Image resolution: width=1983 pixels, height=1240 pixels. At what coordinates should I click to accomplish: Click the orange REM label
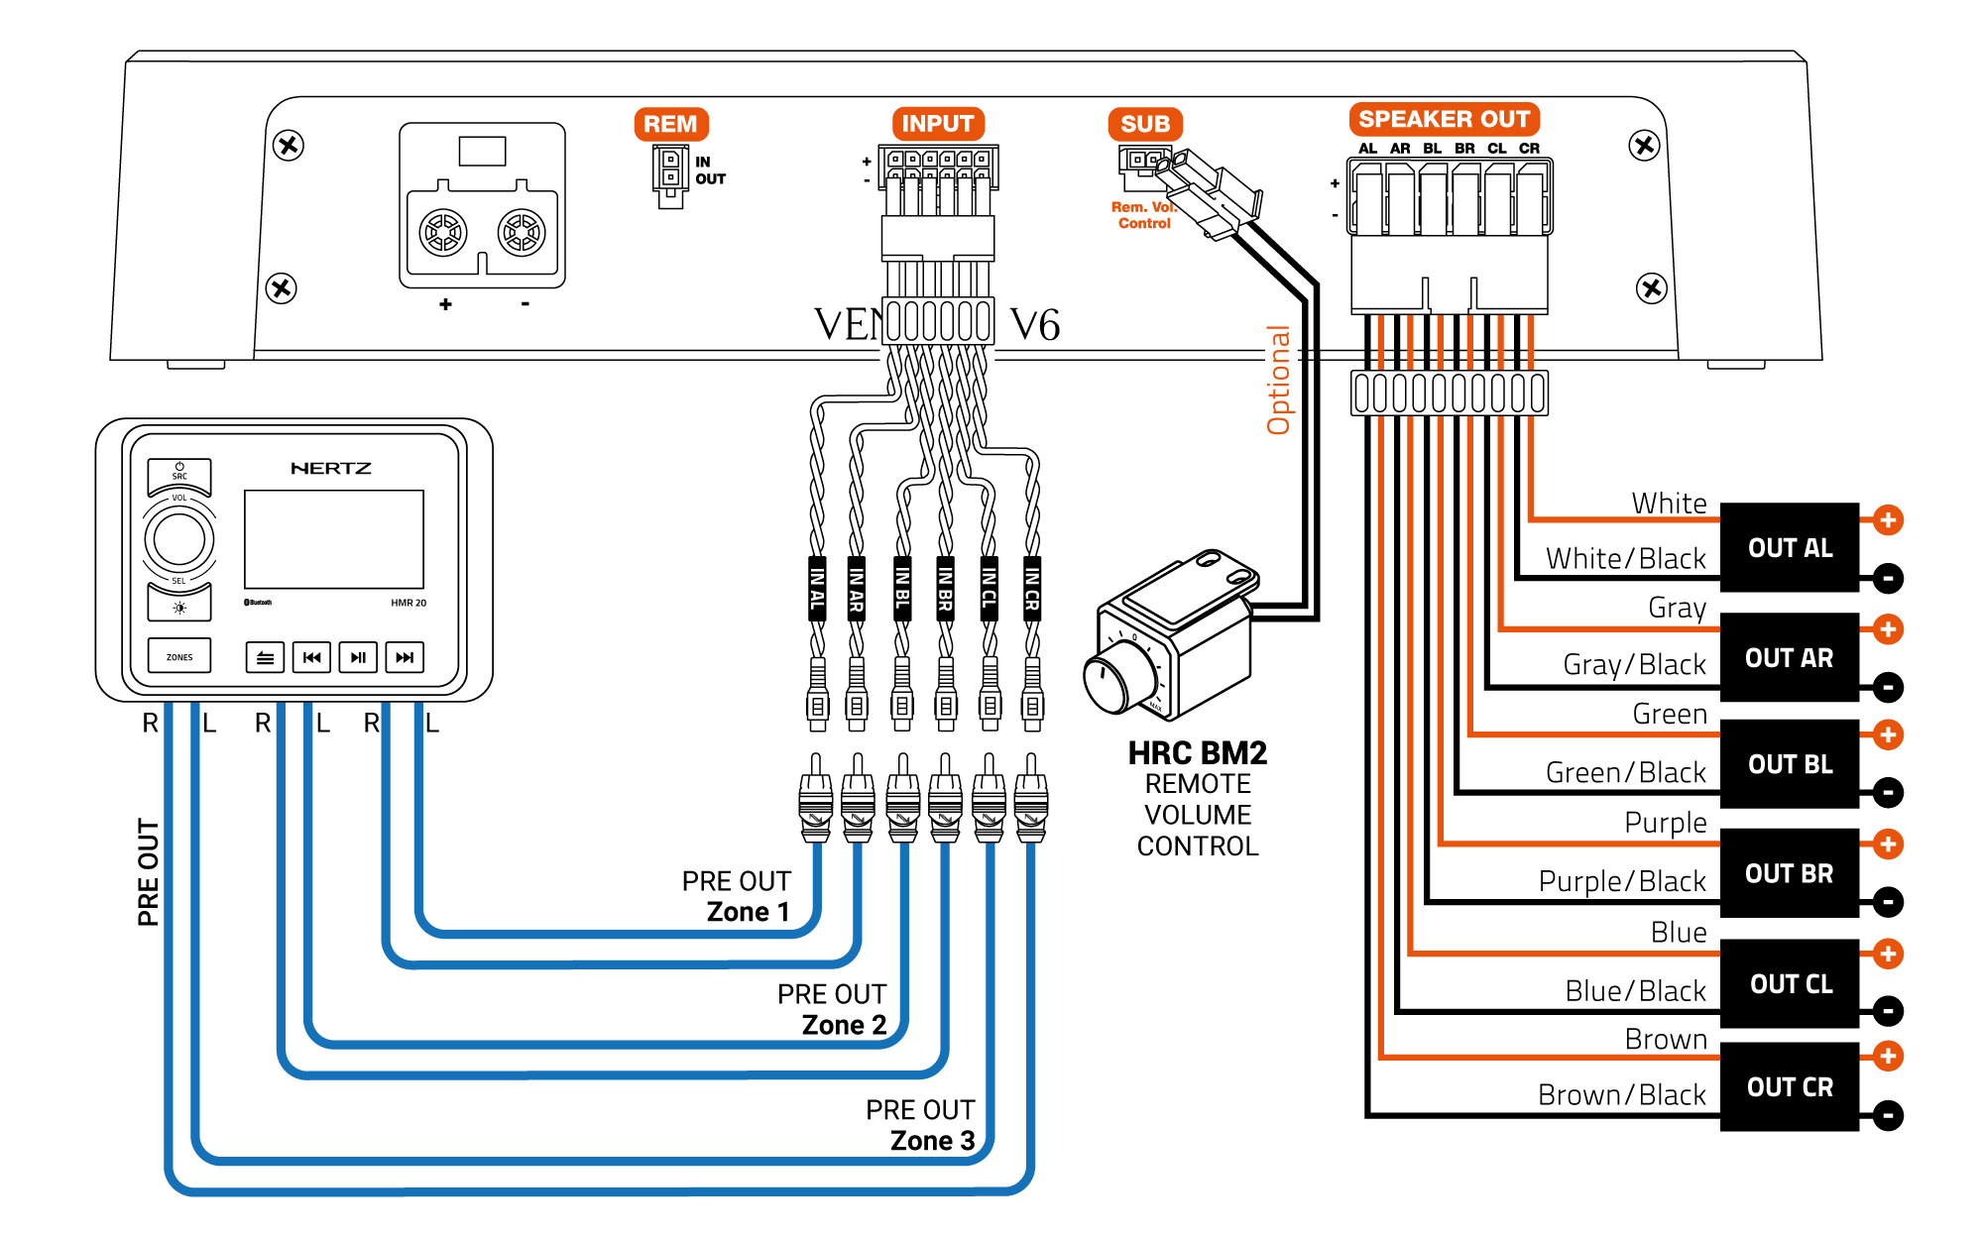tap(670, 124)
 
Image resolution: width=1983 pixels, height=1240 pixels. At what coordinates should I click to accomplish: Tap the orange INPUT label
tap(937, 124)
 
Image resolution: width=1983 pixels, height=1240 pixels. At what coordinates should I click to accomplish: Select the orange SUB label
tap(1145, 124)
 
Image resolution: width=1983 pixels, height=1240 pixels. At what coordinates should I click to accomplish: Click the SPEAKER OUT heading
tap(1444, 119)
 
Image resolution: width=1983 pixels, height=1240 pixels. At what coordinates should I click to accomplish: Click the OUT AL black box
tap(1789, 547)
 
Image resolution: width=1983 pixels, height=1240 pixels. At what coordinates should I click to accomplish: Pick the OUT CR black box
tap(1789, 1086)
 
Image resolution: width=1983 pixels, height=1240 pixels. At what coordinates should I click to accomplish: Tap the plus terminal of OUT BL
tap(1888, 735)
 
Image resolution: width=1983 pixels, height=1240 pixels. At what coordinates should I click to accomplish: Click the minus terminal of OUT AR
tap(1888, 687)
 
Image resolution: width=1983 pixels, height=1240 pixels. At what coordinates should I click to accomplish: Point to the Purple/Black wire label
tap(1622, 881)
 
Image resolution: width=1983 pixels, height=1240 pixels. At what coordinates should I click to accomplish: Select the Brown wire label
tap(1666, 1039)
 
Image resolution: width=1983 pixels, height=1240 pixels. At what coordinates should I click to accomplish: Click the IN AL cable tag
tap(817, 589)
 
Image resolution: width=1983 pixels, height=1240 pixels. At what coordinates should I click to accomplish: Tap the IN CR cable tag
tap(1032, 589)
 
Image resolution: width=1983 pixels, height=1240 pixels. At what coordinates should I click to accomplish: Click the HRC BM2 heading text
tap(1198, 753)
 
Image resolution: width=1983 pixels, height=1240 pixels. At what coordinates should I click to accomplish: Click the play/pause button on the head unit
tap(358, 657)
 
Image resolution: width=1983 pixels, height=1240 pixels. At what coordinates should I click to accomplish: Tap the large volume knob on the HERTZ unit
tap(179, 539)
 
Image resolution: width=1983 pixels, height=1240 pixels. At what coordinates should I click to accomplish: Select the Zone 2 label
tap(844, 1025)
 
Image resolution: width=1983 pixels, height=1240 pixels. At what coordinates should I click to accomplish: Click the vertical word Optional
tap(1279, 381)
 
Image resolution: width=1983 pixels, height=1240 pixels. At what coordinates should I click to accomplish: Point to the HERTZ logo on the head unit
tap(331, 468)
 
